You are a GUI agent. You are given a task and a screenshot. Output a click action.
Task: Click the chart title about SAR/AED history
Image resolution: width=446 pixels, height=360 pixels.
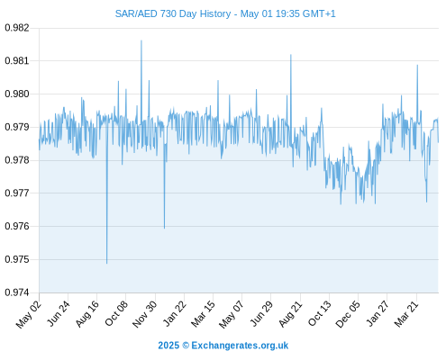click(225, 13)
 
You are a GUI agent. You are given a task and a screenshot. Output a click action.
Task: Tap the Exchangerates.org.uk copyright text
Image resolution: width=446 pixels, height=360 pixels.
click(223, 346)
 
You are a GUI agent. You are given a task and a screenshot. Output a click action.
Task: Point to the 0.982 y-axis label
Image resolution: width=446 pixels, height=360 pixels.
click(17, 28)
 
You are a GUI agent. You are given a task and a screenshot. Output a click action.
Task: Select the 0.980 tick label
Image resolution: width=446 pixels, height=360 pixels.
click(17, 94)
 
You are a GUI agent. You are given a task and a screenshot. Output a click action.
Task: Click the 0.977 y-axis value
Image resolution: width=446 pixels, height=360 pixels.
click(17, 193)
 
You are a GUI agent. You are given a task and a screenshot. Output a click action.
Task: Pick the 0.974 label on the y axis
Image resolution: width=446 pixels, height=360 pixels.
click(17, 292)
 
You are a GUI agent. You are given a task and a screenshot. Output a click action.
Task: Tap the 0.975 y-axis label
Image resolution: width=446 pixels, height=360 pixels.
click(17, 259)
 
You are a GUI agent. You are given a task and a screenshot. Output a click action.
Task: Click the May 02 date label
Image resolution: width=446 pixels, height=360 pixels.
click(29, 314)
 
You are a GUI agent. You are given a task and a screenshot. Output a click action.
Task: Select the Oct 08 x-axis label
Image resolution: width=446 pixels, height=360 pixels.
click(116, 313)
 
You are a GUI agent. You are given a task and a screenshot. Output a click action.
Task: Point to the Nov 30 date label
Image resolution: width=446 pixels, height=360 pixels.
click(144, 314)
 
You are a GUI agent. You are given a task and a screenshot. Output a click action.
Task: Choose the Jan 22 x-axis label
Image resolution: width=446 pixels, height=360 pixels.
click(175, 313)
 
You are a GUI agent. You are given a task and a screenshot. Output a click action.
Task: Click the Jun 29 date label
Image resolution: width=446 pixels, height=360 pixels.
click(261, 313)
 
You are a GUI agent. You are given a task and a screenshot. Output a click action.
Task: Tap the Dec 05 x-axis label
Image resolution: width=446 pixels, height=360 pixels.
click(348, 314)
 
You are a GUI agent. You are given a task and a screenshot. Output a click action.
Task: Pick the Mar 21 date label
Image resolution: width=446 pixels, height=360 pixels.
click(406, 314)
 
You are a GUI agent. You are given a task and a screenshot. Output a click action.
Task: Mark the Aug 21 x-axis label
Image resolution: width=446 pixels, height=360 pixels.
click(290, 314)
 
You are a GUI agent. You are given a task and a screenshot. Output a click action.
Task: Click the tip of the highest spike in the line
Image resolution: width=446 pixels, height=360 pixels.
click(141, 40)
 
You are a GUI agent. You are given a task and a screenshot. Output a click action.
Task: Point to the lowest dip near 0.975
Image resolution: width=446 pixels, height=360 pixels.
click(106, 264)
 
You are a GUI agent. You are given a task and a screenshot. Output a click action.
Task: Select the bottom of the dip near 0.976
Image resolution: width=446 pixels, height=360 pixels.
click(164, 229)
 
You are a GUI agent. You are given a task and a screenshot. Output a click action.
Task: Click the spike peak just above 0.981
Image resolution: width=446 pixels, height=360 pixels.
click(291, 55)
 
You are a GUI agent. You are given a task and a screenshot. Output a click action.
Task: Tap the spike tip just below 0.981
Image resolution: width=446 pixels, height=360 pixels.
click(417, 65)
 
